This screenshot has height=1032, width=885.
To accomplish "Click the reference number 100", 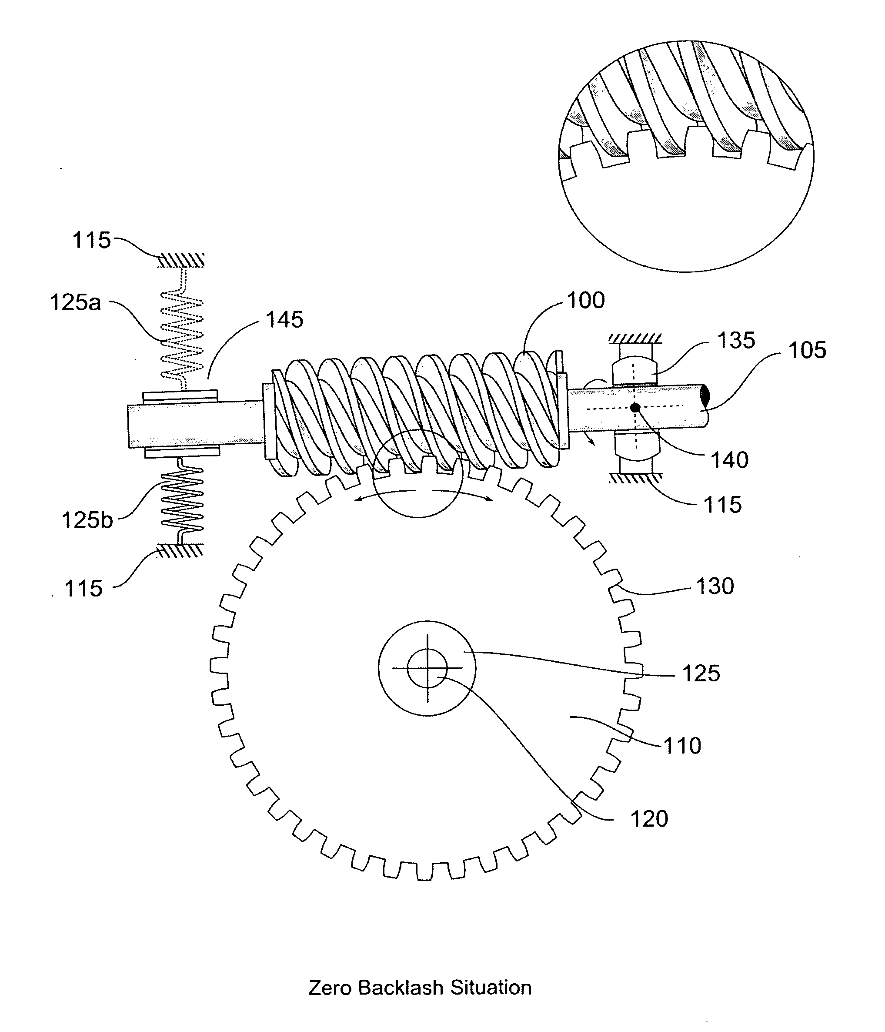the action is tap(586, 300).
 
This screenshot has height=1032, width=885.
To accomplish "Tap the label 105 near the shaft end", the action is tap(807, 350).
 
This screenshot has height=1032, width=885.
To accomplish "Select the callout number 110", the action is tap(682, 746).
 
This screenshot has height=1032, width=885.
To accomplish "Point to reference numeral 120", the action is tap(649, 818).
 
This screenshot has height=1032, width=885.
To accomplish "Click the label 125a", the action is tap(75, 302).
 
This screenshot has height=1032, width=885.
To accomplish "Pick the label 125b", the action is tap(87, 520).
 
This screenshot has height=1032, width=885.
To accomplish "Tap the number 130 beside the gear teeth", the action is tap(715, 586).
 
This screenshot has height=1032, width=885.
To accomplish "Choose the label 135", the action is tap(736, 341).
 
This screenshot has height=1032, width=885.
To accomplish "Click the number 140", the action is tap(730, 460).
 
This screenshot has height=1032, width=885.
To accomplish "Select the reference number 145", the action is tap(284, 320).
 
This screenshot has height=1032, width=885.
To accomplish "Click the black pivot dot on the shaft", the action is tap(635, 407).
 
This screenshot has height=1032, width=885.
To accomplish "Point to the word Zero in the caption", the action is tap(331, 988).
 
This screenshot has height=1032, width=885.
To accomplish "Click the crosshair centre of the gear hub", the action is tap(427, 668).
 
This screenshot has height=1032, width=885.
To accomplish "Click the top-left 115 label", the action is tap(92, 240).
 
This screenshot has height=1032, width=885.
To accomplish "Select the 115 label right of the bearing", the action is tap(722, 505).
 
